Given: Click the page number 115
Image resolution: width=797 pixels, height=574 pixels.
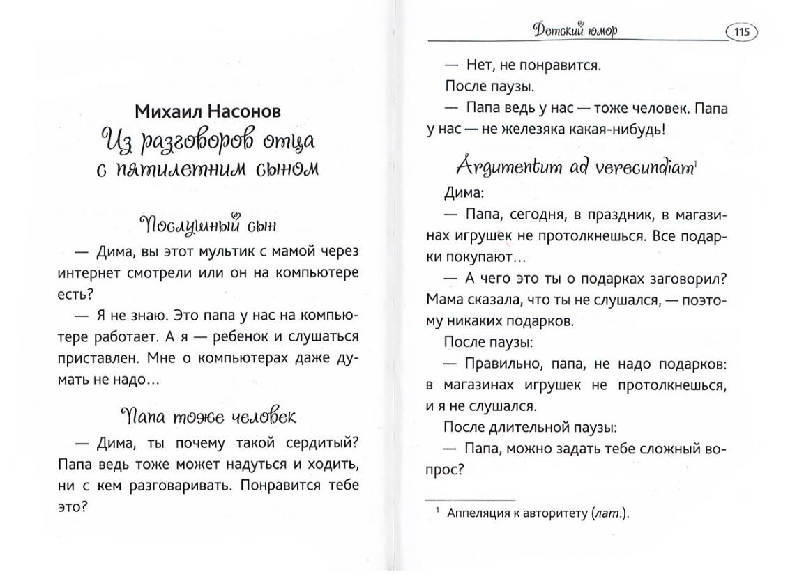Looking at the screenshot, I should click(x=742, y=31).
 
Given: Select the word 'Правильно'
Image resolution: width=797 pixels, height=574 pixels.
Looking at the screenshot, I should click(x=503, y=364).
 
